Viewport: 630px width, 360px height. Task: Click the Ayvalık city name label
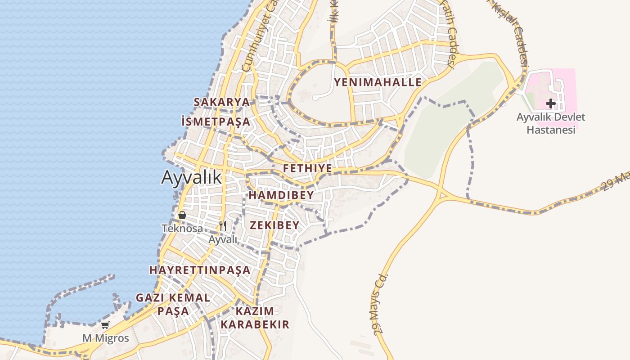point(191,177)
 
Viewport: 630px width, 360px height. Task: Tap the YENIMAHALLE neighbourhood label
point(378,82)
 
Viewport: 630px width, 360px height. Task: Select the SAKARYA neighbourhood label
point(221,102)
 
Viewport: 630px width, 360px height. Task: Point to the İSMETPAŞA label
point(216,121)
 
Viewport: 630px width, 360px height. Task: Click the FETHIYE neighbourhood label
point(308,169)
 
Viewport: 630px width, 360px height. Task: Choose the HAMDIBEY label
point(281,195)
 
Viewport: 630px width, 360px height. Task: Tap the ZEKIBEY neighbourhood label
point(274,225)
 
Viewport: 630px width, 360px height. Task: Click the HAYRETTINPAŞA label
point(200,270)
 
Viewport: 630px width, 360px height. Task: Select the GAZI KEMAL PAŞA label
point(173,304)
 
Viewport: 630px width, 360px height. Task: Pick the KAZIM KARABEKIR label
point(255,318)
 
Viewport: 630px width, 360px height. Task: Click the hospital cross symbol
point(550,104)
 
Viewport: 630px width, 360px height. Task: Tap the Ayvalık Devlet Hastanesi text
point(551,123)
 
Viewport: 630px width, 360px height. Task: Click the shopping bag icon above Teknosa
point(182,215)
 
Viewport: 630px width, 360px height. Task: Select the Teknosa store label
point(182,229)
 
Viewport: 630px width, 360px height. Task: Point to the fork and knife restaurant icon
point(223,225)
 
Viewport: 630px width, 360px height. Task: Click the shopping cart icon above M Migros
point(105,325)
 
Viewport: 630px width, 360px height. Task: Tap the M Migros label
point(105,338)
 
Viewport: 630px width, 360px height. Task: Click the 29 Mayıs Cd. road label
point(381,304)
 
